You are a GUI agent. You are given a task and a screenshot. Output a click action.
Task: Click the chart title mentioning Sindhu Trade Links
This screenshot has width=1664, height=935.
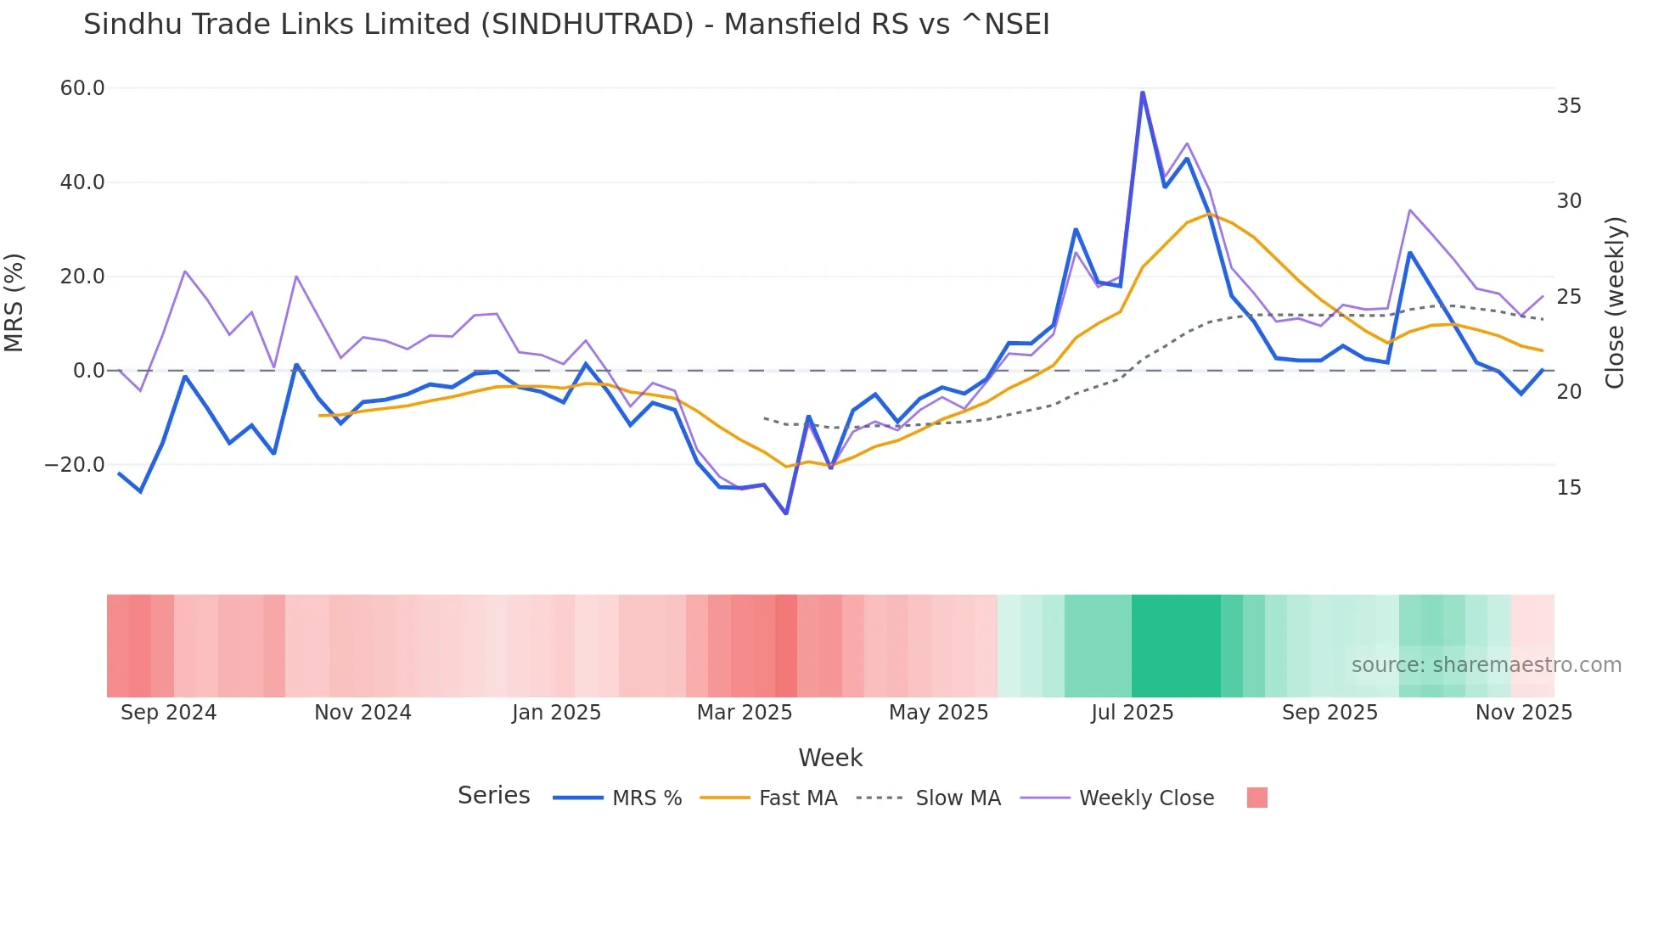[566, 25]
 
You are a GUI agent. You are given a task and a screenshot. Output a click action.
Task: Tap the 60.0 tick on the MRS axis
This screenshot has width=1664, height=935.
[82, 88]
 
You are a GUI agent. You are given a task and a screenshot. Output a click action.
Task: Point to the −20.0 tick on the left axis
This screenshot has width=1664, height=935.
[75, 465]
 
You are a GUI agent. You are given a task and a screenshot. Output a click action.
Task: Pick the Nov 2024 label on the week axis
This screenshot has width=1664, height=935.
[363, 713]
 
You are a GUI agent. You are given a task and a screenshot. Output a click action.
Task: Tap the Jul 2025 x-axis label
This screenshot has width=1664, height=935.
[1132, 713]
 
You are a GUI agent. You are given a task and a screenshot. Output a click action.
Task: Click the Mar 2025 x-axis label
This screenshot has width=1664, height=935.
[745, 713]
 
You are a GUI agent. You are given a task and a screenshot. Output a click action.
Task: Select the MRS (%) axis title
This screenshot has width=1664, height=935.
[14, 302]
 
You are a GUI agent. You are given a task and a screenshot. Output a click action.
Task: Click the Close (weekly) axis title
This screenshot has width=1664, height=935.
[1615, 303]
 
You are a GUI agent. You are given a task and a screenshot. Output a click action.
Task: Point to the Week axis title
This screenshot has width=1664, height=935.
[830, 758]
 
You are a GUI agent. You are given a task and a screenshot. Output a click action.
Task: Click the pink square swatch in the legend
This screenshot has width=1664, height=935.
[1256, 798]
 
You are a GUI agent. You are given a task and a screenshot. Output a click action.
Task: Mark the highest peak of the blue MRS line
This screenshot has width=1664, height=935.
[1142, 92]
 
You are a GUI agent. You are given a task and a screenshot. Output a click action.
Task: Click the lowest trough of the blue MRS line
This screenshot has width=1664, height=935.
[786, 513]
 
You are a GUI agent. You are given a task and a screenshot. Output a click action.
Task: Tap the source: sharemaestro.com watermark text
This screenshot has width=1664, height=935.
[1486, 665]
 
